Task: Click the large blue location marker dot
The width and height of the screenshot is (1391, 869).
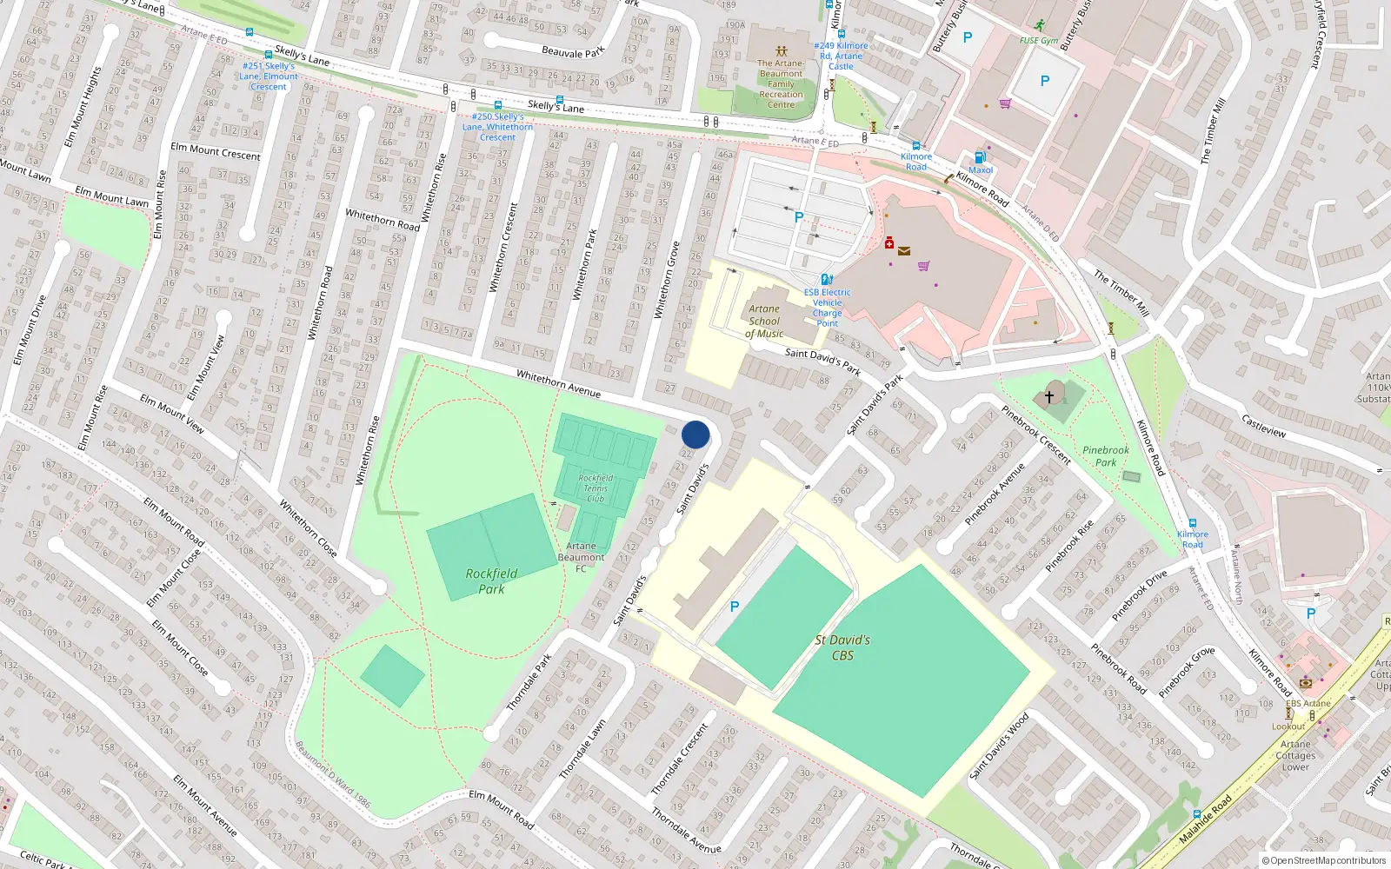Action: tap(695, 434)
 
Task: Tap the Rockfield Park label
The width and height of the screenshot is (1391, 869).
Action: tap(491, 581)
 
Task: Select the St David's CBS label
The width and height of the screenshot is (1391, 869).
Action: tap(842, 647)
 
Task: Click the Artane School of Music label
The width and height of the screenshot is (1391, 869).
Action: tap(764, 322)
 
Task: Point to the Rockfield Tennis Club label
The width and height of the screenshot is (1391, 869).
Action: tap(596, 488)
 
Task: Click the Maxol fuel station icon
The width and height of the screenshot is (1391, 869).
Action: tap(980, 157)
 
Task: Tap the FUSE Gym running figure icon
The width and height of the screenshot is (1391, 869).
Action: tap(1040, 26)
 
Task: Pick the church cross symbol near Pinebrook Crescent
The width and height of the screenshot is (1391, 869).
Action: tap(1049, 396)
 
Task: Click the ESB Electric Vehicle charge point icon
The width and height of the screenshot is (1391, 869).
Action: tap(827, 280)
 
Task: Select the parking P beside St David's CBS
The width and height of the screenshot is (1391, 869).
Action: tap(735, 607)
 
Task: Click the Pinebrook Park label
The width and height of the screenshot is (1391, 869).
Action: tap(1106, 456)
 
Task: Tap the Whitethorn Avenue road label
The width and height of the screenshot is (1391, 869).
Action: tap(558, 383)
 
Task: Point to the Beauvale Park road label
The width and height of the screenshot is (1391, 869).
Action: tap(573, 53)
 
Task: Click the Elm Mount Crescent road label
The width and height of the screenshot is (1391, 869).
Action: tap(216, 152)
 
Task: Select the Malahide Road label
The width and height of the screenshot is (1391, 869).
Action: tap(1206, 819)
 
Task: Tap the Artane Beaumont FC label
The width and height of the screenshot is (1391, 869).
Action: tap(581, 557)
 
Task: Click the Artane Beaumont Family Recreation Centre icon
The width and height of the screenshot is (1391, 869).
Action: tap(781, 51)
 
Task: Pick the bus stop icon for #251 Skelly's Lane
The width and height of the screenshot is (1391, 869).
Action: tap(269, 55)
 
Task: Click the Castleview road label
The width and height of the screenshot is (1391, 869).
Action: tap(1264, 426)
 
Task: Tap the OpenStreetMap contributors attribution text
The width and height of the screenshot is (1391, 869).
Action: tap(1324, 861)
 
